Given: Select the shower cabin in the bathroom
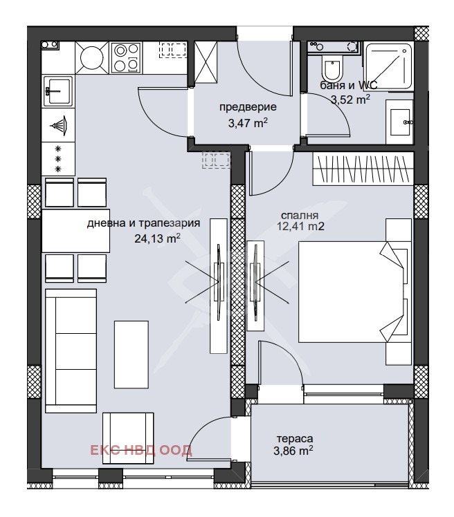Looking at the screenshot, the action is (389, 66).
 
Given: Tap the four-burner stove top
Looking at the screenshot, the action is (126, 57).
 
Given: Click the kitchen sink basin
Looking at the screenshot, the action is (58, 91).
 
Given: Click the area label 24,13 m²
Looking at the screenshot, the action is (157, 238).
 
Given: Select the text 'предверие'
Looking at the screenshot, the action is (248, 107).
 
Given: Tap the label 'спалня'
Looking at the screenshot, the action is (300, 216).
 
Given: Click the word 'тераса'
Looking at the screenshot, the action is (295, 439).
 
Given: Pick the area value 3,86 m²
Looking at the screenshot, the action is (293, 451).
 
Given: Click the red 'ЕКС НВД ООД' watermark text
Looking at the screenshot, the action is (141, 450).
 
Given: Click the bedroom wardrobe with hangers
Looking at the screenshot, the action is (363, 168).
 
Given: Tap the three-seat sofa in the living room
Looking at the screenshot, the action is (71, 351).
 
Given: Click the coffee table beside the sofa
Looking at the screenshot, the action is (131, 354).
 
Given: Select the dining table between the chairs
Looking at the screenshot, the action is (75, 231).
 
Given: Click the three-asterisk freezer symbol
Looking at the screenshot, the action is (58, 159).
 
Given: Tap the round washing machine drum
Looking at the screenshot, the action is (91, 57).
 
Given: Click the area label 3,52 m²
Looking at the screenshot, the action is (350, 100).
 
